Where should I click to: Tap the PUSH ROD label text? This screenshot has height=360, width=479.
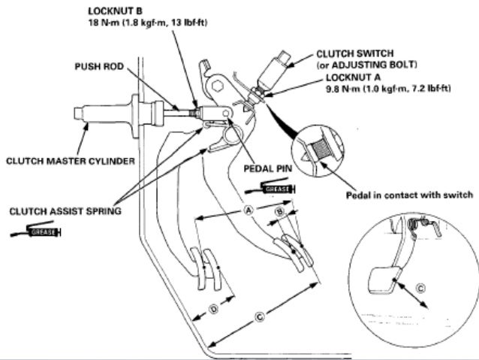[99, 66]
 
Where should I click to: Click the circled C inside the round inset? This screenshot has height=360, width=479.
[420, 287]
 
